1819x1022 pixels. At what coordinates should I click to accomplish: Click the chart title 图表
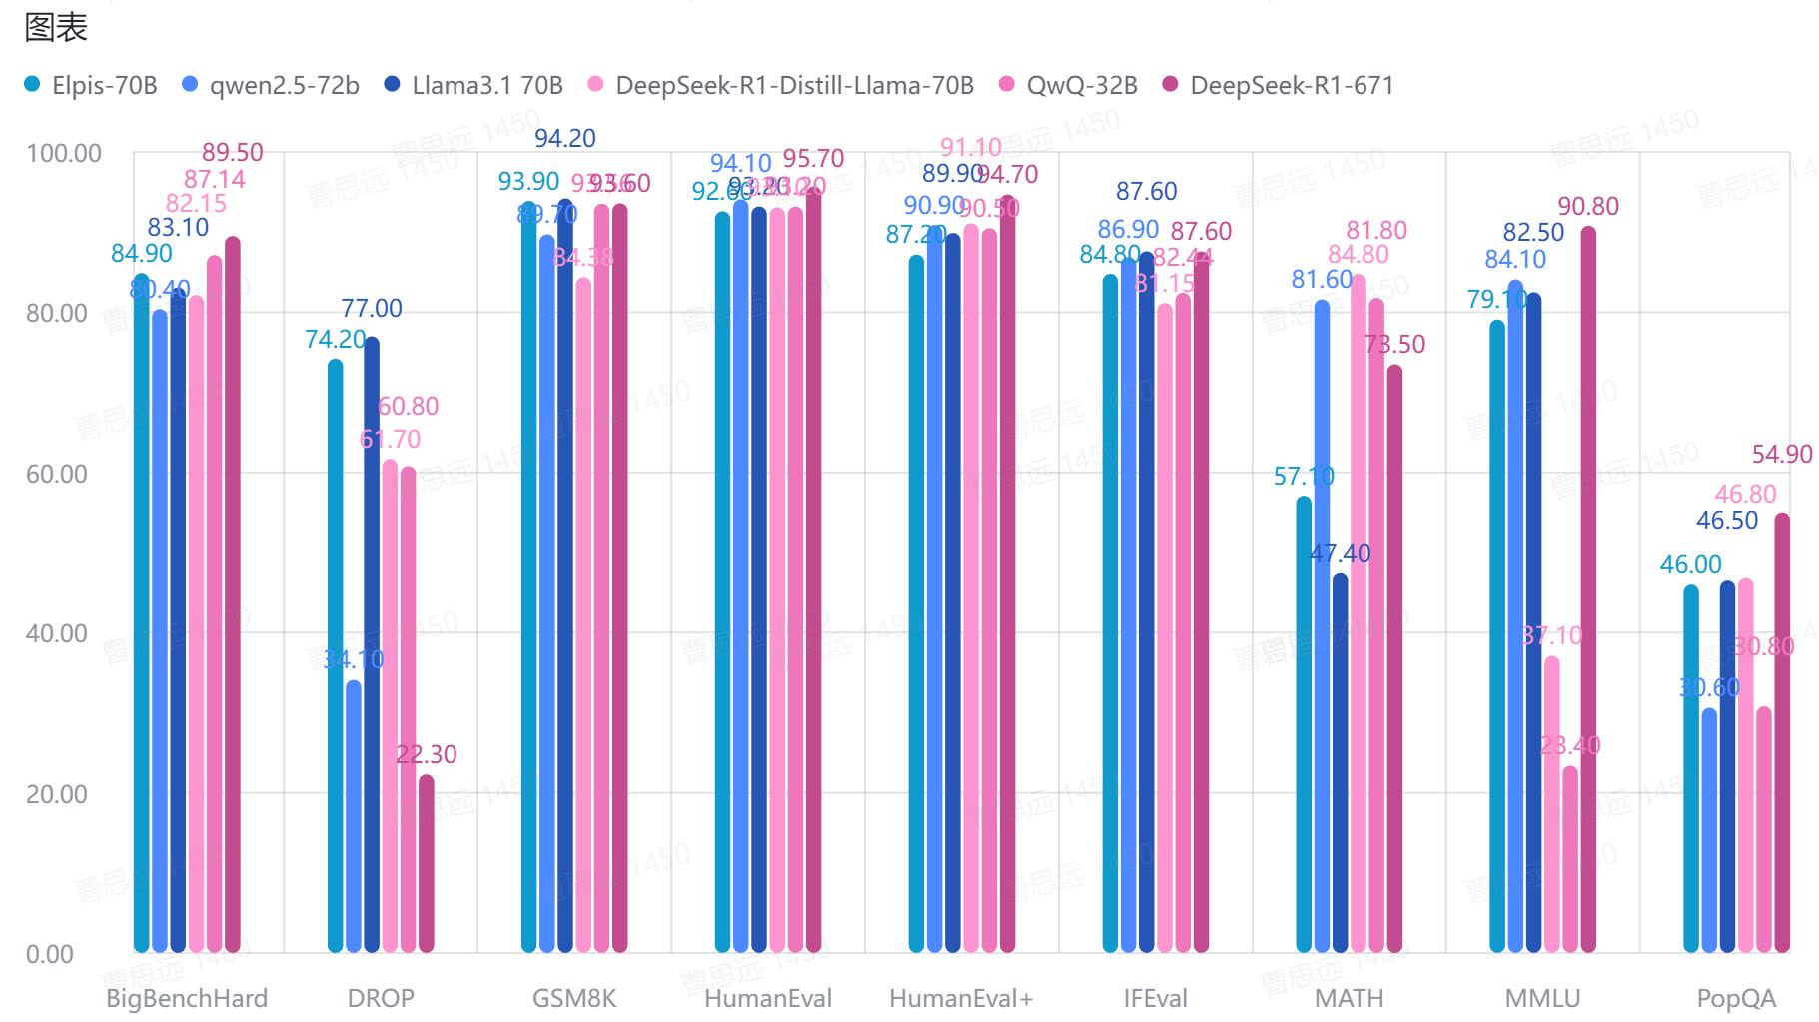[x=56, y=27]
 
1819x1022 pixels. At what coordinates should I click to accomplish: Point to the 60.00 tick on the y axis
[x=64, y=474]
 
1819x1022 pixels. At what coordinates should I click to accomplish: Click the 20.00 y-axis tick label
[x=64, y=794]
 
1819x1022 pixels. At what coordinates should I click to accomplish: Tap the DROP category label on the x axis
[x=381, y=998]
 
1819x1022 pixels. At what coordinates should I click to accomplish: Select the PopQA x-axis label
[x=1736, y=998]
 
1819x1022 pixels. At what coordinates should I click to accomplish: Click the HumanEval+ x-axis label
[x=961, y=998]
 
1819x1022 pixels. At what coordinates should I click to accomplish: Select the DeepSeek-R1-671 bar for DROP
[x=427, y=864]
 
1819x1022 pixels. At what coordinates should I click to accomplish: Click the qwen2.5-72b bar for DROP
[x=354, y=817]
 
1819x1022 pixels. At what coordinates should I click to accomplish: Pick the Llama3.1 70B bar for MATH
[x=1340, y=763]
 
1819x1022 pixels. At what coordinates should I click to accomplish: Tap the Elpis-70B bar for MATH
[x=1304, y=724]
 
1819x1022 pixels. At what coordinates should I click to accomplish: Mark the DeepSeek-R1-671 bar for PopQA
[x=1782, y=733]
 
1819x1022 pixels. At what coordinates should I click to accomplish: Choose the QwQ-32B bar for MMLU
[x=1570, y=859]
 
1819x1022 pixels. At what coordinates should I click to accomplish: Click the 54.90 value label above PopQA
[x=1782, y=455]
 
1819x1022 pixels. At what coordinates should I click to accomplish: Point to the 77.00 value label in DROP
[x=372, y=309]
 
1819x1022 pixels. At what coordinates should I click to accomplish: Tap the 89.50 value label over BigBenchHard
[x=233, y=153]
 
